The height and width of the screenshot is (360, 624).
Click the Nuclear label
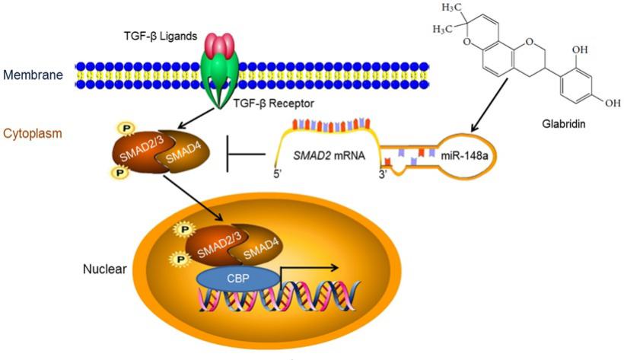click(104, 269)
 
